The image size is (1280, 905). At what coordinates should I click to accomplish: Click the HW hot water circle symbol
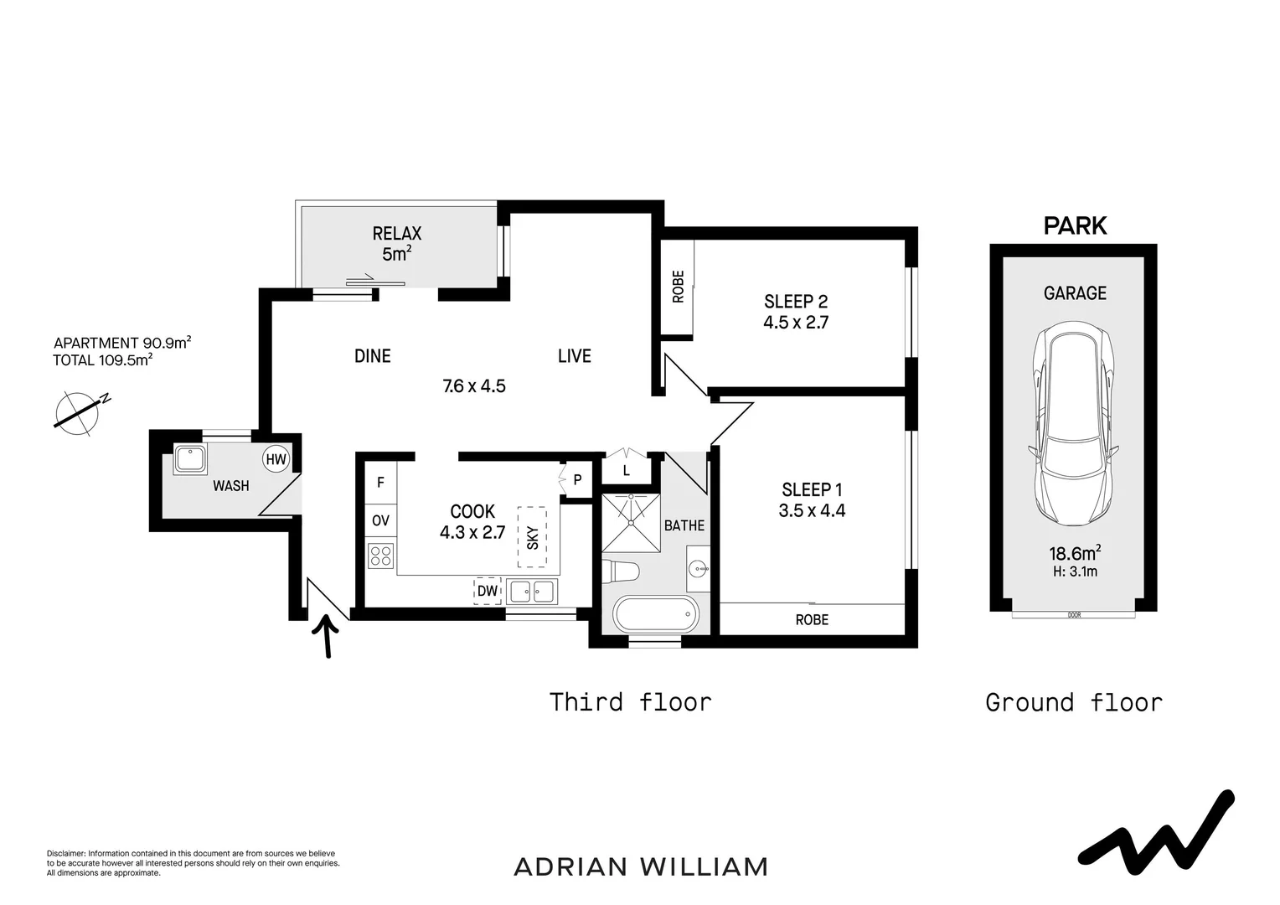[276, 459]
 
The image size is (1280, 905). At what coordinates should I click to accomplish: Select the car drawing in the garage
[1074, 424]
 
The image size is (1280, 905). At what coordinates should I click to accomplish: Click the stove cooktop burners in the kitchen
[380, 555]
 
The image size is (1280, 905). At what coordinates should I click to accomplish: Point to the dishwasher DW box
[488, 591]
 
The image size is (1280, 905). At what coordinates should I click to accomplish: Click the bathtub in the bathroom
[656, 614]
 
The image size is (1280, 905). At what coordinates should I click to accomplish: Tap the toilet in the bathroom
[621, 571]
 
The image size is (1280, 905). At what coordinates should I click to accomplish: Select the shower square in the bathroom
[631, 523]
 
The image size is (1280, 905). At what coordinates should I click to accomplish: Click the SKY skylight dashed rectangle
[532, 537]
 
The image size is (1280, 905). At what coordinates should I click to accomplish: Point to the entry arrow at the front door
[327, 636]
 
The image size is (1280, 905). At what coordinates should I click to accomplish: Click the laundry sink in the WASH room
[189, 460]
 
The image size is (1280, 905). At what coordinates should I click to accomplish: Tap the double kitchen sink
[531, 591]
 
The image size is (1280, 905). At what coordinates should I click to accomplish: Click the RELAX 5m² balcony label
[396, 243]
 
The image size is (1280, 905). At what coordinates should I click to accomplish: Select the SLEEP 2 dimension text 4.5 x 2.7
[796, 322]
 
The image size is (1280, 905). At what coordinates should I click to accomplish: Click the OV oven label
[380, 520]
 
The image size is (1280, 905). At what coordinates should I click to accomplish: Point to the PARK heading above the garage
[1075, 225]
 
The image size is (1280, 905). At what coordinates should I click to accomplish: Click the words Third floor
[630, 701]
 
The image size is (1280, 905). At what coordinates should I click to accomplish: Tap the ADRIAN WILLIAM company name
[641, 866]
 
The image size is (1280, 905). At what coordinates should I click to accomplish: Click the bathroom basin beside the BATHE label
[699, 569]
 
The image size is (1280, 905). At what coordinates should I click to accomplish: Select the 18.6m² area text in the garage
[1074, 552]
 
